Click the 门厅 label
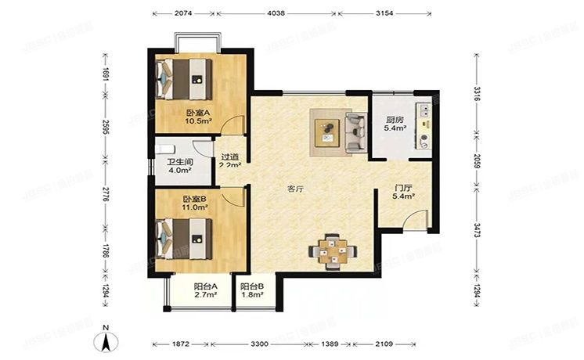click(404, 187)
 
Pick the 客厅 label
click(295, 189)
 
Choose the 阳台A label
click(205, 287)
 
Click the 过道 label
click(229, 157)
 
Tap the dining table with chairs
click(334, 251)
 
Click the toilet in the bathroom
click(166, 146)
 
